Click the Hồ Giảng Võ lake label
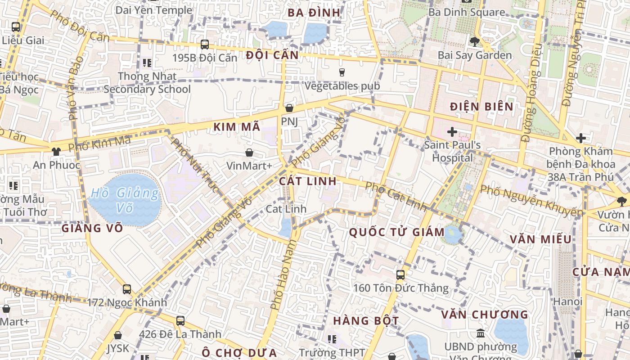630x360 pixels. tap(124, 200)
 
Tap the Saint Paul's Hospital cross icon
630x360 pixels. tap(452, 132)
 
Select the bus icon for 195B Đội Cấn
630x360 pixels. tap(205, 45)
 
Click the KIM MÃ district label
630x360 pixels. tap(237, 127)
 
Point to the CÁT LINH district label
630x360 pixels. tap(307, 181)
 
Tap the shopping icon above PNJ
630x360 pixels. tap(289, 108)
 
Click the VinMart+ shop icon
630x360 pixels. tap(249, 153)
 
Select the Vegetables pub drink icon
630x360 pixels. tap(342, 72)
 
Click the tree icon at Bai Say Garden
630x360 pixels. tap(474, 42)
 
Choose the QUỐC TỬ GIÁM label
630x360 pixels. tap(396, 232)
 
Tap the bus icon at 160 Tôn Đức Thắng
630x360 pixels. tap(400, 274)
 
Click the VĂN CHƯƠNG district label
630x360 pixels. tap(484, 315)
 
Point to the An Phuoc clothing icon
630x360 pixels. tap(56, 152)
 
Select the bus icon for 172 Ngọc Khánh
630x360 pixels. tap(127, 289)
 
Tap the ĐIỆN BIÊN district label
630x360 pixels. tap(481, 107)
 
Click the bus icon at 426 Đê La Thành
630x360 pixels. tap(180, 321)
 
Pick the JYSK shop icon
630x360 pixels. tap(118, 335)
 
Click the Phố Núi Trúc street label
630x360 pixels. tap(195, 166)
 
